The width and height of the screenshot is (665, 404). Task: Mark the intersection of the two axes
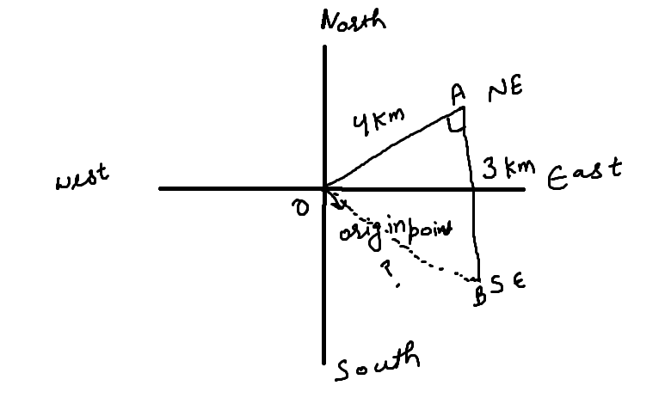click(325, 187)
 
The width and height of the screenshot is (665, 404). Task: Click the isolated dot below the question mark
click(397, 285)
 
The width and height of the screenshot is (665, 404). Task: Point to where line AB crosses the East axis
click(473, 187)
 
